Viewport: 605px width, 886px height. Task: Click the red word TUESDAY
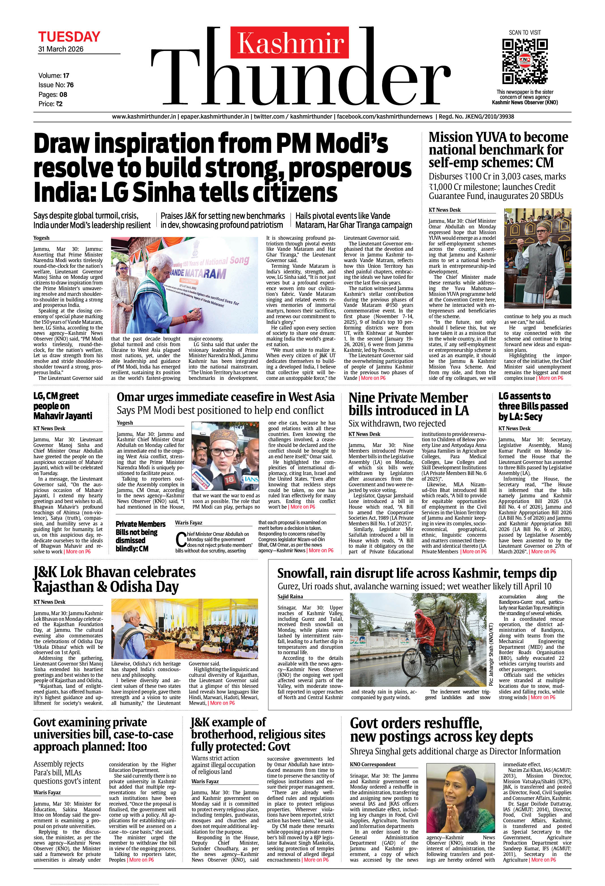pos(69,37)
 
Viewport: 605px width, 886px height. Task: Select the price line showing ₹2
pos(50,104)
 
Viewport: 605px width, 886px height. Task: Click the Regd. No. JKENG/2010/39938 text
pos(476,117)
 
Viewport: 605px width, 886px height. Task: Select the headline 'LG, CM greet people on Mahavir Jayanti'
pos(63,406)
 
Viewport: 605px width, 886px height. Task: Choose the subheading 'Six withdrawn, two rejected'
pos(397,423)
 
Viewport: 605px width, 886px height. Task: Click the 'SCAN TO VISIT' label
pos(525,33)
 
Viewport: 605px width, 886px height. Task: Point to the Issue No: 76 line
pos(56,85)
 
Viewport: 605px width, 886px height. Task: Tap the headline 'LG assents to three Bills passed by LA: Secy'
pos(533,406)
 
